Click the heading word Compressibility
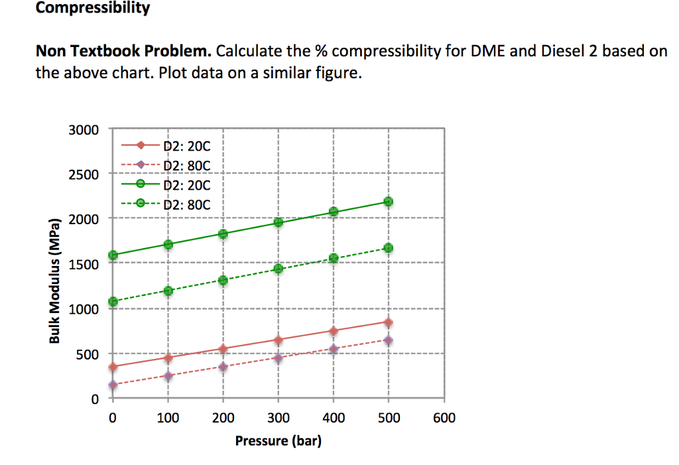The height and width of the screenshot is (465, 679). [x=92, y=8]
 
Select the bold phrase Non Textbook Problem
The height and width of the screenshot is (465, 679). [x=123, y=51]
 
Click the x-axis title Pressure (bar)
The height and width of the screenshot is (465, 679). [x=278, y=440]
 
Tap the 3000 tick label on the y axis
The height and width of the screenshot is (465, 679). [x=84, y=129]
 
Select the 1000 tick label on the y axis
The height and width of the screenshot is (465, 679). [x=84, y=309]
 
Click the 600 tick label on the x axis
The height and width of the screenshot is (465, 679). [x=444, y=418]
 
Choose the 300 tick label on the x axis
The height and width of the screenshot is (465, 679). [x=278, y=418]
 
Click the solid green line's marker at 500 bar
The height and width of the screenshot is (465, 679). [x=389, y=202]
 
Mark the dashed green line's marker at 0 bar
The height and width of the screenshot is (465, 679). [x=113, y=302]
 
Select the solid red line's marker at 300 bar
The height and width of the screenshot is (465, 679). [x=278, y=340]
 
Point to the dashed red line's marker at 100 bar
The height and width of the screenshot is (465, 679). [x=168, y=376]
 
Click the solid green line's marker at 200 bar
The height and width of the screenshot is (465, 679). [x=223, y=233]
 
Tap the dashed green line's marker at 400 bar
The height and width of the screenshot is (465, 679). [x=334, y=258]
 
